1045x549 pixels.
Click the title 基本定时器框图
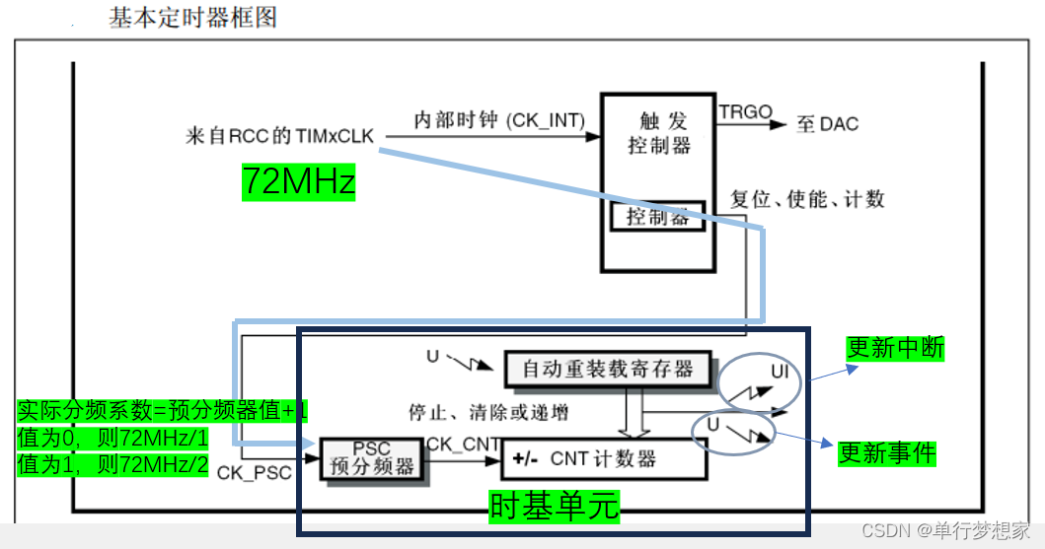[x=192, y=17]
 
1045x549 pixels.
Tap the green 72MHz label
[x=298, y=182]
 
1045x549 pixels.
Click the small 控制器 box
[x=658, y=216]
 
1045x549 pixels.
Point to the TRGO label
[x=745, y=112]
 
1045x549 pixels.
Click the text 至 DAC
[x=828, y=124]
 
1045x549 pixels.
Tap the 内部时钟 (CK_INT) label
[x=498, y=120]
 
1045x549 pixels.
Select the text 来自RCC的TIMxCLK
[x=279, y=136]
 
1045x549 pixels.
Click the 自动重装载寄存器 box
[x=608, y=369]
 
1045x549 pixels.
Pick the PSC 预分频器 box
[x=371, y=459]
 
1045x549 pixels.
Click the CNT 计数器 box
[x=604, y=458]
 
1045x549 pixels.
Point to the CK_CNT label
[x=463, y=445]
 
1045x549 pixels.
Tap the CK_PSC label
[x=255, y=472]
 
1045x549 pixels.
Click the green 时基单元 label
[x=556, y=506]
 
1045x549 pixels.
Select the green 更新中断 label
[x=896, y=347]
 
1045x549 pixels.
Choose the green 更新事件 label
[x=887, y=452]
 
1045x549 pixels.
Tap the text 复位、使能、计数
[x=807, y=199]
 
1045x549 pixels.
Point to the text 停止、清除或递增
[x=487, y=411]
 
